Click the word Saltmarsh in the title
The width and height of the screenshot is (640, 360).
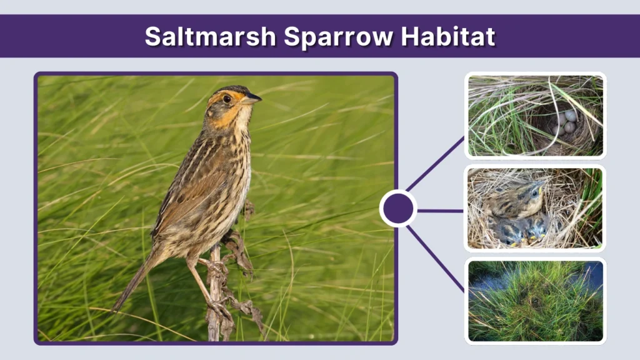coord(210,36)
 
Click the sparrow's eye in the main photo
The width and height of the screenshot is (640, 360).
coord(227,99)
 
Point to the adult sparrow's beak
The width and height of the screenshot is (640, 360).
coord(252,99)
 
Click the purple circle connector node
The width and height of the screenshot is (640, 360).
coord(398,209)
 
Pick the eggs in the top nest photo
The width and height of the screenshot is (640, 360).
coord(566,122)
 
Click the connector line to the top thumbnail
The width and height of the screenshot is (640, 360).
coord(435,164)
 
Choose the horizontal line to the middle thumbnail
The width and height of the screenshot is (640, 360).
coord(440,211)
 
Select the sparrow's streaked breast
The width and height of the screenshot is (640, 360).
coord(237,169)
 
